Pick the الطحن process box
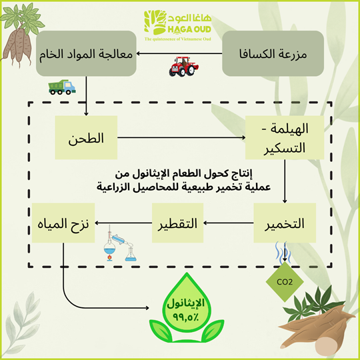pyautogui.click(x=87, y=139)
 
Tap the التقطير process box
pyautogui.click(x=178, y=223)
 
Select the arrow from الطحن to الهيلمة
pyautogui.click(x=180, y=139)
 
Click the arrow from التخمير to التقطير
pyautogui.click(x=229, y=223)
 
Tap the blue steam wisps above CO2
pyautogui.click(x=282, y=253)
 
